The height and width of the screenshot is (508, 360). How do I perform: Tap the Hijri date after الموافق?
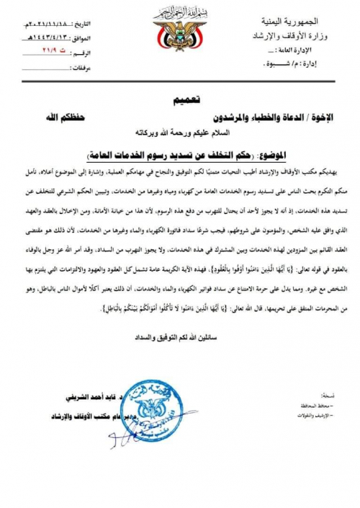pos(55,33)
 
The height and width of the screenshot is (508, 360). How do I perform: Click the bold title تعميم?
pos(181,101)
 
